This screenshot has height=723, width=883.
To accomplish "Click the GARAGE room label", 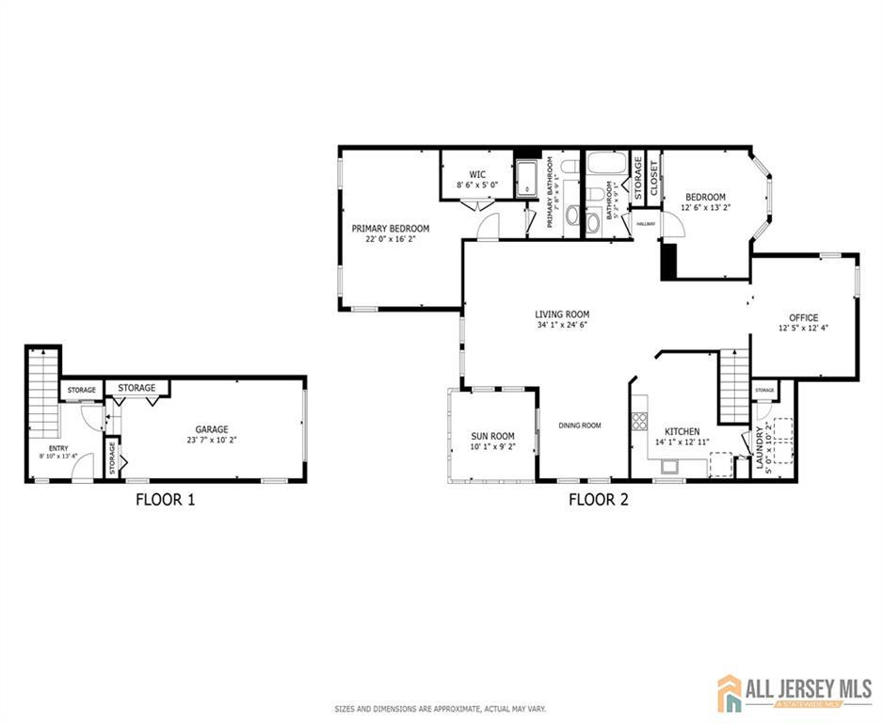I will pyautogui.click(x=212, y=429).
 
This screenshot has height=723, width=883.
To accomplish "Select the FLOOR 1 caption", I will pyautogui.click(x=165, y=500).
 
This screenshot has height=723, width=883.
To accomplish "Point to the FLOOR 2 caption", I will pyautogui.click(x=598, y=500).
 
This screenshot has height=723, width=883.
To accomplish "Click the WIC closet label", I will pyautogui.click(x=477, y=174).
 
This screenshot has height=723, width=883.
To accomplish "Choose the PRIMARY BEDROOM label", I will pyautogui.click(x=390, y=229).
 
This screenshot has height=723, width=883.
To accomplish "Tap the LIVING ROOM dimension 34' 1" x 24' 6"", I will pyautogui.click(x=562, y=326).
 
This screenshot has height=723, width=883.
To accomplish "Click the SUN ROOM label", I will pyautogui.click(x=492, y=436).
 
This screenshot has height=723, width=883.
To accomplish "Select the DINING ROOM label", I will pyautogui.click(x=579, y=426).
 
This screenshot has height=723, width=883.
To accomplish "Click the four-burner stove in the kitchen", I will pyautogui.click(x=640, y=421).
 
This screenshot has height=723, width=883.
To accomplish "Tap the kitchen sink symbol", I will pyautogui.click(x=670, y=465).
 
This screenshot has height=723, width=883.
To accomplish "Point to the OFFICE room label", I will pyautogui.click(x=804, y=317).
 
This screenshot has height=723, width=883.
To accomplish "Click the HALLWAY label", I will pyautogui.click(x=646, y=223).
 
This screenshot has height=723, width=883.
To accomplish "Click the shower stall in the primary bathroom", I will pyautogui.click(x=525, y=179).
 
